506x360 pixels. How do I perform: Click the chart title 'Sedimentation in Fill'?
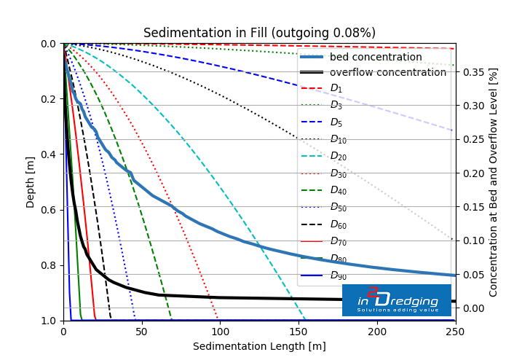pyautogui.click(x=259, y=33)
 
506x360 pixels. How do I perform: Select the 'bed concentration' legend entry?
pyautogui.click(x=375, y=57)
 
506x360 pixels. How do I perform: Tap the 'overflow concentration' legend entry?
pyautogui.click(x=387, y=72)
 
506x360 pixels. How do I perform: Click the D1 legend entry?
pyautogui.click(x=336, y=88)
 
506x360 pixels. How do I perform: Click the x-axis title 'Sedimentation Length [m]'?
pyautogui.click(x=259, y=346)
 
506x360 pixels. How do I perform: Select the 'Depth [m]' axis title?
pyautogui.click(x=31, y=182)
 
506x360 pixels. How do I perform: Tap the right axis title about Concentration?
pyautogui.click(x=494, y=182)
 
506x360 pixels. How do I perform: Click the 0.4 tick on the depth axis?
pyautogui.click(x=48, y=154)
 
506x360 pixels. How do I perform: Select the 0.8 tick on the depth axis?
pyautogui.click(x=48, y=265)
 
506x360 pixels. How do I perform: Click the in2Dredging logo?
pyautogui.click(x=397, y=300)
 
